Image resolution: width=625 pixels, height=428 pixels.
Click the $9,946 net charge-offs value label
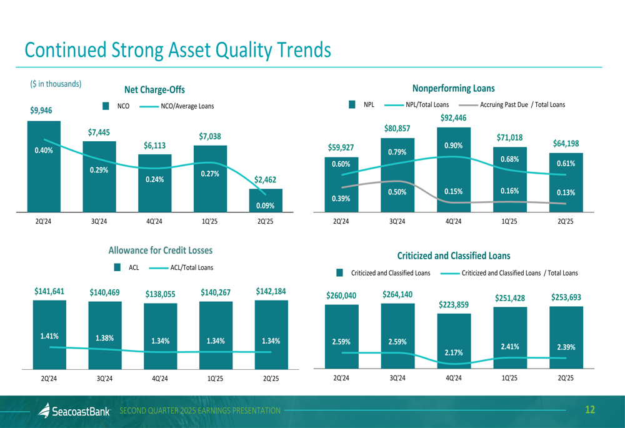coord(41,111)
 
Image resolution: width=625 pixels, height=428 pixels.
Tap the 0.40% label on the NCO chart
coord(44,150)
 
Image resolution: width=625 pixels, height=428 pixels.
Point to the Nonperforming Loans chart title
coord(453,88)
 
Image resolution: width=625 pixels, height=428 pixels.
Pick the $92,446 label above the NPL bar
coord(453,117)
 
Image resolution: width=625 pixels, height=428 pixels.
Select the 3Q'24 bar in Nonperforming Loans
coord(397,175)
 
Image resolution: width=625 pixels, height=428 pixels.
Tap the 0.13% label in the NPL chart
coord(566,192)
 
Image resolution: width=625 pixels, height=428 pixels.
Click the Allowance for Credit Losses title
coord(161,250)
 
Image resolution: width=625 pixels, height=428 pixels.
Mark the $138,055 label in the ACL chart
coord(161,294)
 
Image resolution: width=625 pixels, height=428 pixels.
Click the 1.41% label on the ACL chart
coord(49,336)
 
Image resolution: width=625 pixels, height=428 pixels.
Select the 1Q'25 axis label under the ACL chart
coord(216,378)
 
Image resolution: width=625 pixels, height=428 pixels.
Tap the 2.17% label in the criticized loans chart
coord(454,353)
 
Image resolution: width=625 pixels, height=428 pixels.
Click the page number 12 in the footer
coord(590,410)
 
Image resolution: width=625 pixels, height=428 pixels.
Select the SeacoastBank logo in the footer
coord(74,411)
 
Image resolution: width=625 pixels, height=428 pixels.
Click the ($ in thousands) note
coord(56,84)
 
